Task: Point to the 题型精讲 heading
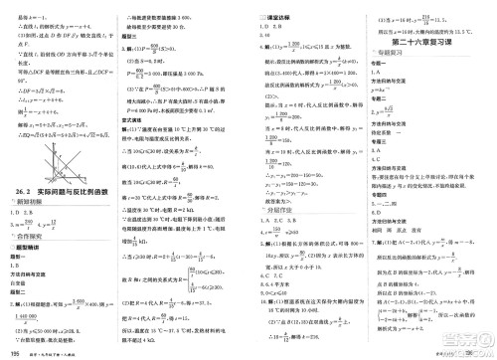[x=30, y=257]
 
